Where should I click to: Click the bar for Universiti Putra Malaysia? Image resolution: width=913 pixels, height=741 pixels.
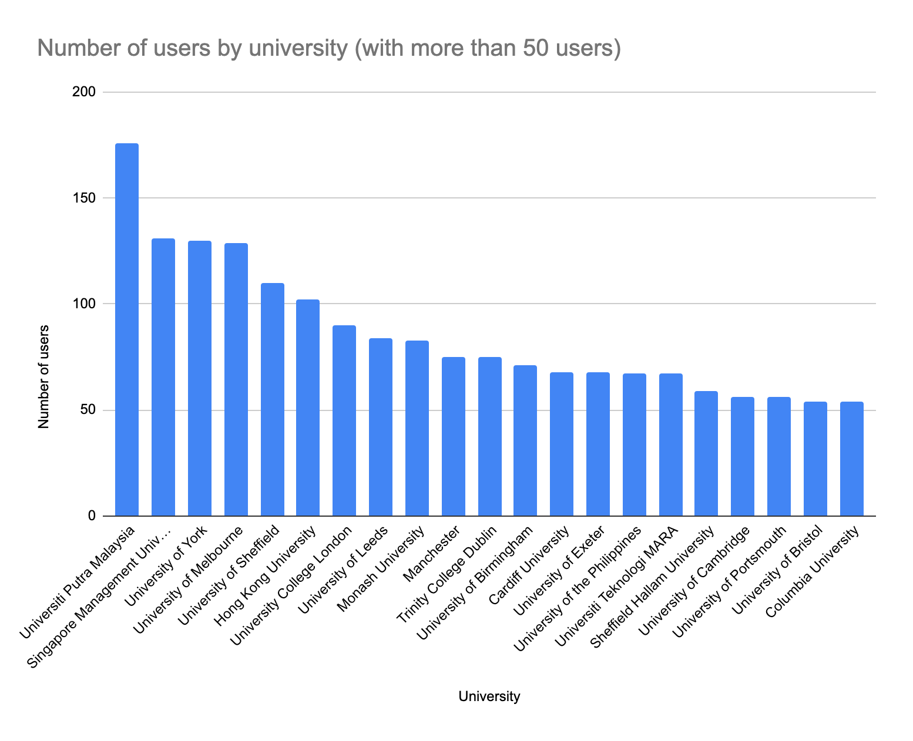coord(127,329)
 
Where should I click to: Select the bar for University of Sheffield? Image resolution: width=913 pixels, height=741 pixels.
coord(272,399)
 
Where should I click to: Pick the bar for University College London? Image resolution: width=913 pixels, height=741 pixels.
coord(344,420)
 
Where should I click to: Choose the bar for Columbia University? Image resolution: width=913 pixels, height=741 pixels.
coord(851,459)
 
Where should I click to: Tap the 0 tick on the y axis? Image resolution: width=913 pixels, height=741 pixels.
coord(91,516)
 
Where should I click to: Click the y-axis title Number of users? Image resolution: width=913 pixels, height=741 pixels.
coord(43,376)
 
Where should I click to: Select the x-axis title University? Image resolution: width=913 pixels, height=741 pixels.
coord(489,697)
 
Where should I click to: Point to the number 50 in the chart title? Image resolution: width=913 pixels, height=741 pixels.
coord(534,48)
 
